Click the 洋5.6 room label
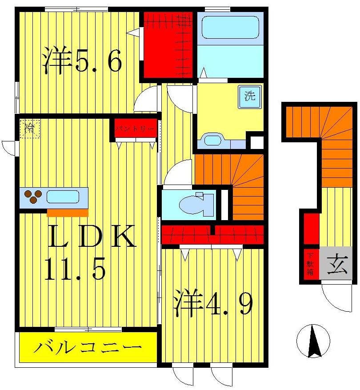tap(82, 62)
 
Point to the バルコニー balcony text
tap(88, 347)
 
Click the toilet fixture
tap(196, 204)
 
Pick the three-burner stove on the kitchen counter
tap(33, 197)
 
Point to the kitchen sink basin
tap(63, 196)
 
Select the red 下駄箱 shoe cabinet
tap(311, 264)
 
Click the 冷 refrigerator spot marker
tap(30, 129)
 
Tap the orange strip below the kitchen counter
tap(67, 213)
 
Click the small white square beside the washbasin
tap(256, 142)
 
